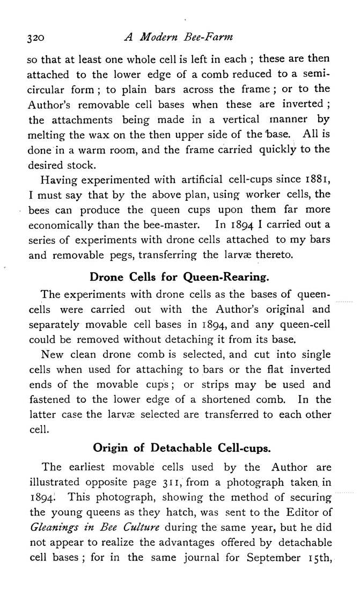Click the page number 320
click(x=36, y=38)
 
